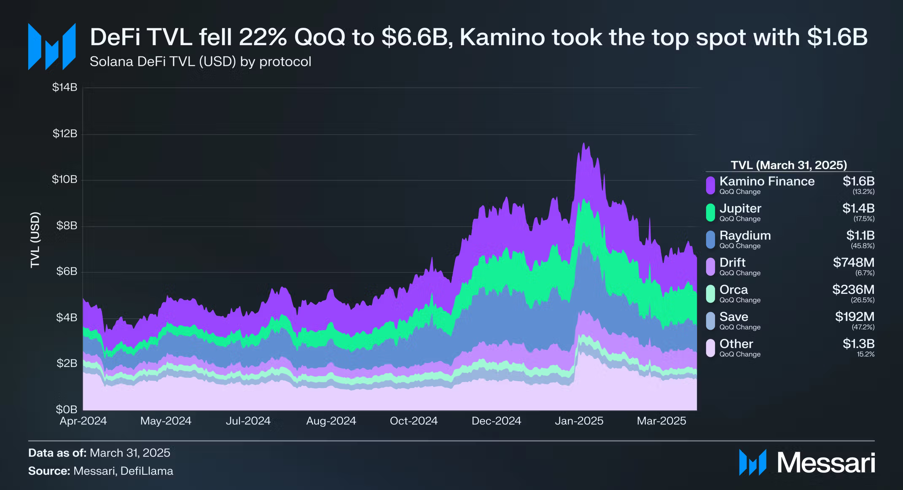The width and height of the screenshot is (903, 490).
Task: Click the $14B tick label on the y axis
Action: tap(64, 87)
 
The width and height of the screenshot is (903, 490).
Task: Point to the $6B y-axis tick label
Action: tap(67, 271)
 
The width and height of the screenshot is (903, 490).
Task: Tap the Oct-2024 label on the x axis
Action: tap(414, 421)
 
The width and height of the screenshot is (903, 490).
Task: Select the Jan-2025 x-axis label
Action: tap(579, 421)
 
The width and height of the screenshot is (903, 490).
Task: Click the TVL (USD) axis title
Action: tap(35, 240)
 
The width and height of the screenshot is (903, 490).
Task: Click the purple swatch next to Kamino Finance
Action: tap(710, 185)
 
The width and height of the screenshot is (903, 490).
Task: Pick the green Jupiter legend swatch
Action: tap(710, 212)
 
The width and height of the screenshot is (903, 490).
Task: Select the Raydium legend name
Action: tap(745, 235)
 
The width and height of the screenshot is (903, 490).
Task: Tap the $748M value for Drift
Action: tap(853, 262)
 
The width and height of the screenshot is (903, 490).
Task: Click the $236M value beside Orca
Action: tap(853, 289)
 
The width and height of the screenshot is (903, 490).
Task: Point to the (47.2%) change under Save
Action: tap(863, 327)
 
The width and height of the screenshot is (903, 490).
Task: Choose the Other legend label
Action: tap(736, 344)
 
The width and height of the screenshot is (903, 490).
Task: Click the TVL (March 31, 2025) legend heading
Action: tap(788, 165)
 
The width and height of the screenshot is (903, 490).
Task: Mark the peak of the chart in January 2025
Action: tap(584, 144)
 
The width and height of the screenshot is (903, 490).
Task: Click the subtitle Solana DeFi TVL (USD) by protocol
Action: tap(200, 62)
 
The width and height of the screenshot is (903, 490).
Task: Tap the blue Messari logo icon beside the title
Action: tap(52, 46)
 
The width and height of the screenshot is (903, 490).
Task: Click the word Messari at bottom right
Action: tap(826, 463)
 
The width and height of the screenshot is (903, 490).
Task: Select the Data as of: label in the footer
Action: tap(57, 453)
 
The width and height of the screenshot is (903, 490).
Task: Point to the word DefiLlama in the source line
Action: tap(147, 471)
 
